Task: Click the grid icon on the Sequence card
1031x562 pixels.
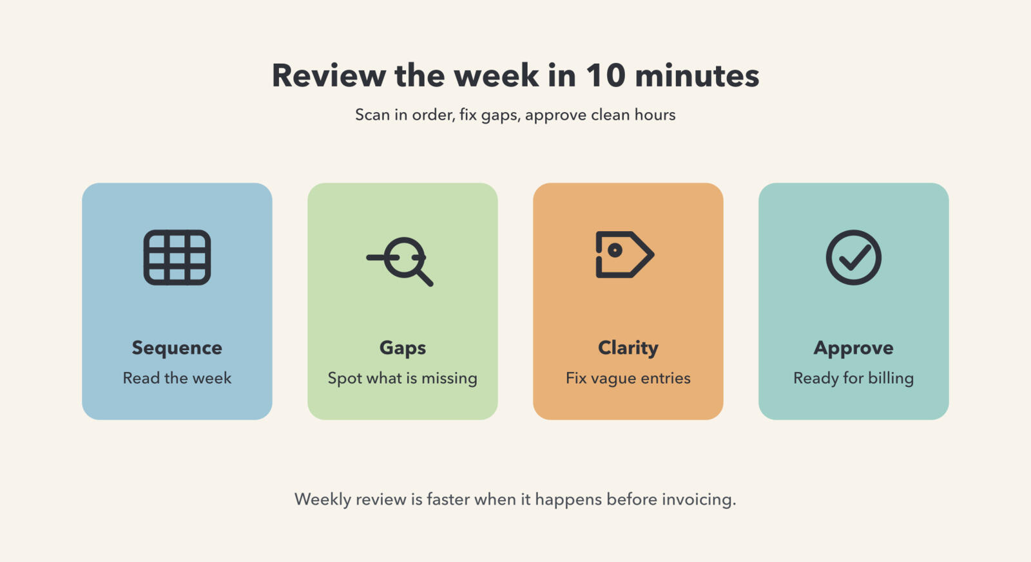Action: click(x=177, y=258)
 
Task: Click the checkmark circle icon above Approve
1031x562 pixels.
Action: click(x=853, y=258)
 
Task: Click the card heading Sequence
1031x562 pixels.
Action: click(x=177, y=348)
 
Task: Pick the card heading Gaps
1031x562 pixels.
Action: click(x=403, y=348)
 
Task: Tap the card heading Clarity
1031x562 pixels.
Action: click(x=628, y=348)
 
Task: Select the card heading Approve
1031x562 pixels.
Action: click(x=853, y=348)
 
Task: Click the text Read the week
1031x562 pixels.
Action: click(x=177, y=378)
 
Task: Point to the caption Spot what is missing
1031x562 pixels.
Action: click(x=403, y=379)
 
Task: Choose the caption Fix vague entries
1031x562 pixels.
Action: click(x=628, y=379)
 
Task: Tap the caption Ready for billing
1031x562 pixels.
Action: click(x=853, y=379)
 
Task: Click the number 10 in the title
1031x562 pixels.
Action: click(x=606, y=75)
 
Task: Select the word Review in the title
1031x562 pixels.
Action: click(x=329, y=75)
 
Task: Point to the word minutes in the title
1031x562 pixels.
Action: click(x=697, y=75)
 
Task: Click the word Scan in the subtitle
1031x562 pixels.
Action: click(x=372, y=115)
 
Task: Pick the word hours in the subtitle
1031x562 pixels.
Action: click(x=655, y=115)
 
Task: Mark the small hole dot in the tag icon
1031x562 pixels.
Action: click(x=615, y=250)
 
